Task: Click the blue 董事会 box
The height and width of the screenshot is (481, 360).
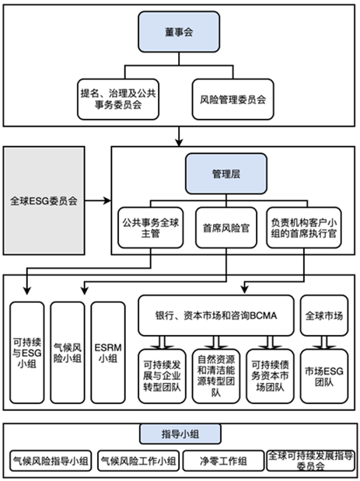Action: coord(179,32)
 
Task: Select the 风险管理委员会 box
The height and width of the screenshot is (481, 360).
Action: coord(233,99)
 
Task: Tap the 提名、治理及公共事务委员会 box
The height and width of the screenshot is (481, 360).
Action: coord(118,99)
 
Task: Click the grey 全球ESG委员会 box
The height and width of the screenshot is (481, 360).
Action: coord(44,200)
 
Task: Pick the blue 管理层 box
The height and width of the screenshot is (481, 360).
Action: coord(226,173)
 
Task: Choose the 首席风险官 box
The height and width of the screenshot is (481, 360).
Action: coord(226,228)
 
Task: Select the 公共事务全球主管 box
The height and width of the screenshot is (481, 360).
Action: coord(151,228)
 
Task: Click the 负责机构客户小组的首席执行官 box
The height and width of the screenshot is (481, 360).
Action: coord(304,228)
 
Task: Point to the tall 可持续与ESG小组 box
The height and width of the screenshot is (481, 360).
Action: coord(27,353)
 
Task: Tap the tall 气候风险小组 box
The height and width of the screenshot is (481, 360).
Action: coord(68,353)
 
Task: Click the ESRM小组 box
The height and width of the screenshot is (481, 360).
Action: coord(108,353)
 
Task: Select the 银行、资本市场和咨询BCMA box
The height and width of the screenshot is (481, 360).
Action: coord(216,315)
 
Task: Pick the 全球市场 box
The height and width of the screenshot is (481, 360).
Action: coord(324,315)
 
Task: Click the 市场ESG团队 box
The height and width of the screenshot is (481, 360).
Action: coord(324,376)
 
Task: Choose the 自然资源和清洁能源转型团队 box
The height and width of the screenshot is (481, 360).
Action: coord(216,376)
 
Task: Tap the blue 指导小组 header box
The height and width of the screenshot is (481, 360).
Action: coord(180,434)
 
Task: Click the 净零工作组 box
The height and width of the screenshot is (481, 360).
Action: coord(223,461)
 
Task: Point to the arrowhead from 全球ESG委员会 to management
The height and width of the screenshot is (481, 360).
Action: coord(107,200)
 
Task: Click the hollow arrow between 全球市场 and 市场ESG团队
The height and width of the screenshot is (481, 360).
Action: coord(324,343)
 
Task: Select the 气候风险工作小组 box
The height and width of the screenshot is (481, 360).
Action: coord(138,461)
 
